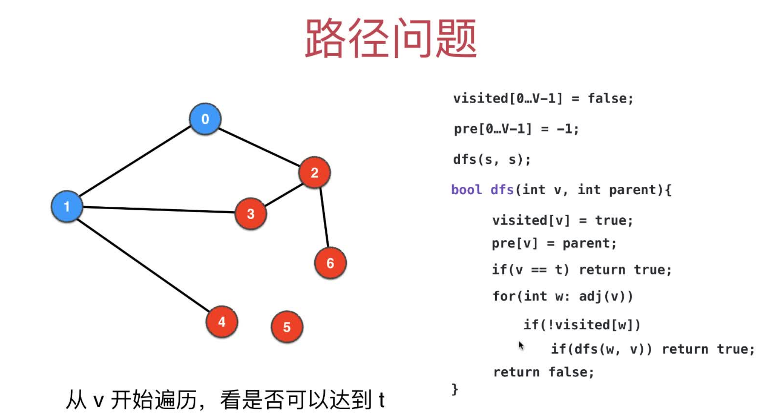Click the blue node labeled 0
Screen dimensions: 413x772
pyautogui.click(x=205, y=119)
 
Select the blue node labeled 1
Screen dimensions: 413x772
pyautogui.click(x=67, y=206)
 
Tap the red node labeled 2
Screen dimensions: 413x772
pyautogui.click(x=314, y=172)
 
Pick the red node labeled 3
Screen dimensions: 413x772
pyautogui.click(x=250, y=214)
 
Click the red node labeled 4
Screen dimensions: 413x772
pyautogui.click(x=222, y=321)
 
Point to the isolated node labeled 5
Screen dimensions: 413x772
pyautogui.click(x=287, y=327)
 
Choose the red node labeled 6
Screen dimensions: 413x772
pyautogui.click(x=330, y=263)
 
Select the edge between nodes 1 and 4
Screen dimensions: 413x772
pyautogui.click(x=143, y=265)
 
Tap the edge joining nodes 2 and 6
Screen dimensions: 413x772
pyautogui.click(x=324, y=218)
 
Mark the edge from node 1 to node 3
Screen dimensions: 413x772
pyautogui.click(x=158, y=210)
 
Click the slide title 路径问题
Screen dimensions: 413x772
pyautogui.click(x=390, y=38)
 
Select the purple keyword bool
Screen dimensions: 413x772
pyautogui.click(x=466, y=190)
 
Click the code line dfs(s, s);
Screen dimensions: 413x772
pyautogui.click(x=492, y=160)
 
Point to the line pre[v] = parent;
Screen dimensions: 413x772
pyautogui.click(x=554, y=243)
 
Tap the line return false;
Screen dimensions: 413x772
pyautogui.click(x=543, y=372)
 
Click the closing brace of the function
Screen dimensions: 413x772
pyautogui.click(x=455, y=390)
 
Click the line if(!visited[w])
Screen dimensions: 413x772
pyautogui.click(x=582, y=325)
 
